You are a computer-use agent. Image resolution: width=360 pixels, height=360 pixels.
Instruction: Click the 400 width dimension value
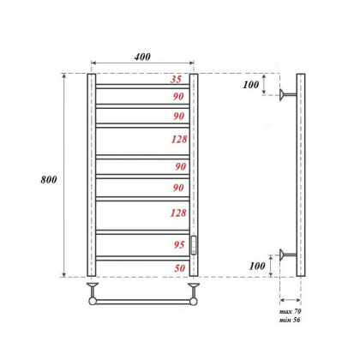click(142, 57)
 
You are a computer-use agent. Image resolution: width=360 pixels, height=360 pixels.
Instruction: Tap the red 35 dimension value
click(177, 79)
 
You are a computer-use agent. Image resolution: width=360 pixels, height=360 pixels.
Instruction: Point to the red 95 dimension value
click(177, 244)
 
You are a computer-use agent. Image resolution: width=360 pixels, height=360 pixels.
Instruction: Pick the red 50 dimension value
click(177, 268)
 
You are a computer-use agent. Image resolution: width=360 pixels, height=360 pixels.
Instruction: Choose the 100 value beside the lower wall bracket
click(254, 266)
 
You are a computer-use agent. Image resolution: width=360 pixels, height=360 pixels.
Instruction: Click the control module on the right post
click(194, 245)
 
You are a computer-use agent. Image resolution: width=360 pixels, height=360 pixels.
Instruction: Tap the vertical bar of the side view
click(300, 175)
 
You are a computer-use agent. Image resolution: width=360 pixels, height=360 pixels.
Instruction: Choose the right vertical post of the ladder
click(194, 154)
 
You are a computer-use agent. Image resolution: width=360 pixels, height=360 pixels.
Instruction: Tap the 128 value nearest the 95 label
click(177, 213)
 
